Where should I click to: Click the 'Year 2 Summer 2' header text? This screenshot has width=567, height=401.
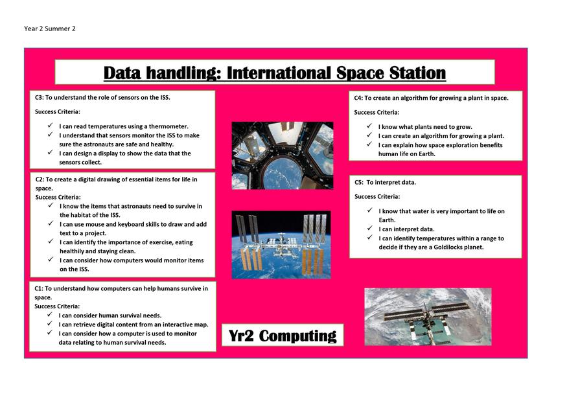tap(50, 29)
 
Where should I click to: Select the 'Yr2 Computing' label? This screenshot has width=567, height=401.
tap(283, 336)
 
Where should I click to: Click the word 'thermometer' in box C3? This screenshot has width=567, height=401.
tap(168, 126)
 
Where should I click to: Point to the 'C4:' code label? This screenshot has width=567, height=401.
tap(358, 98)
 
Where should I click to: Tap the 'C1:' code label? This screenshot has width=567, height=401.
tap(39, 288)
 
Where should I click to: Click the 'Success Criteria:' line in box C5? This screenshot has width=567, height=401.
tap(377, 197)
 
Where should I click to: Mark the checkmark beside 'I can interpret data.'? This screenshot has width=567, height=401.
tap(369, 228)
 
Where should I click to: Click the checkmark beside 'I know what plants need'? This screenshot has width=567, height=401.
tap(369, 126)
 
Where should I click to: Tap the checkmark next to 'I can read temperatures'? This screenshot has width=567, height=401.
tap(50, 125)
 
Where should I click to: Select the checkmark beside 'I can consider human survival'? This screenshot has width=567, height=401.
tap(49, 314)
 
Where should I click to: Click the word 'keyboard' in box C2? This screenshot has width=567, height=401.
tap(130, 224)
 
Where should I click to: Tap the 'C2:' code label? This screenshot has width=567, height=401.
tap(40, 179)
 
